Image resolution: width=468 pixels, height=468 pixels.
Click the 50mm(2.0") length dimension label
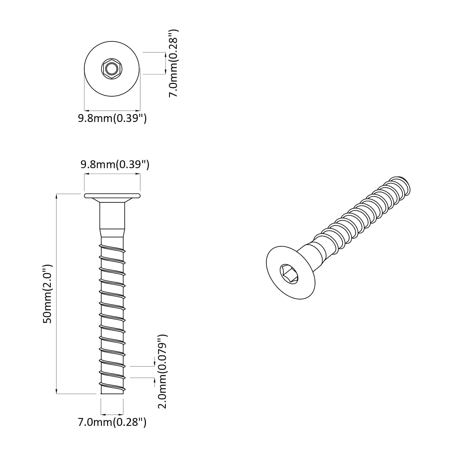point(47,294)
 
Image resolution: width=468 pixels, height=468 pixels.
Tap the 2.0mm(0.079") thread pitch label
point(162,371)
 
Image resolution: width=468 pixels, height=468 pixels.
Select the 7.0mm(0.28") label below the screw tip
point(112,422)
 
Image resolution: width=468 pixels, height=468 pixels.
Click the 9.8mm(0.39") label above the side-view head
point(115,164)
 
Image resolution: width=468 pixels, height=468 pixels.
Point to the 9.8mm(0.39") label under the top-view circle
point(112,118)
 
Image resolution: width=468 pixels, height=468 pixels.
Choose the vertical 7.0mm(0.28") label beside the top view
point(174,63)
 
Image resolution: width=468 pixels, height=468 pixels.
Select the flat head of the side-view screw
point(112,196)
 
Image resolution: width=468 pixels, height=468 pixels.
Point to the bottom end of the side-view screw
point(112,392)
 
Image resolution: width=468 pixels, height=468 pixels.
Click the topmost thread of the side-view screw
point(113,249)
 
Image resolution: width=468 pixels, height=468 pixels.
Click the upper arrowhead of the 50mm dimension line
point(56,195)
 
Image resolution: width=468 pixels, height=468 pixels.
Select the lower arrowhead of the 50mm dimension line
point(56,392)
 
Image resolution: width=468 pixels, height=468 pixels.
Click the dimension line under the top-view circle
point(112,110)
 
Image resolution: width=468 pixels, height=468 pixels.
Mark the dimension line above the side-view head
point(112,174)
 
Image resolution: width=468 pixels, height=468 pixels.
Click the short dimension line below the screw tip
point(112,414)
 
